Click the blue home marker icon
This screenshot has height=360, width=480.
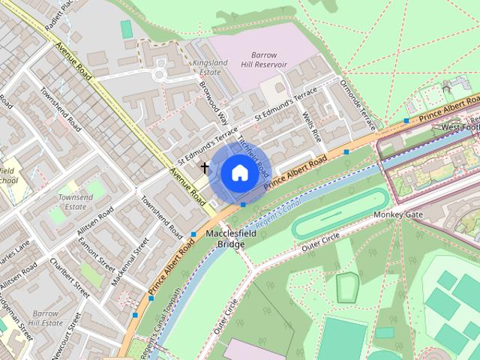click(x=238, y=173)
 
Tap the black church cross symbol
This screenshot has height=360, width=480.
click(x=205, y=167)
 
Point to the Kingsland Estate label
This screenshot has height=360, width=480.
click(x=209, y=67)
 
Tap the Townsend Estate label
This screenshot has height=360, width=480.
click(x=76, y=202)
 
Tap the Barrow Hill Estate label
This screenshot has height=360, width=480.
click(x=45, y=318)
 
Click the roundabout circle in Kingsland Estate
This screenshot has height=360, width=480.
click(x=159, y=74)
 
